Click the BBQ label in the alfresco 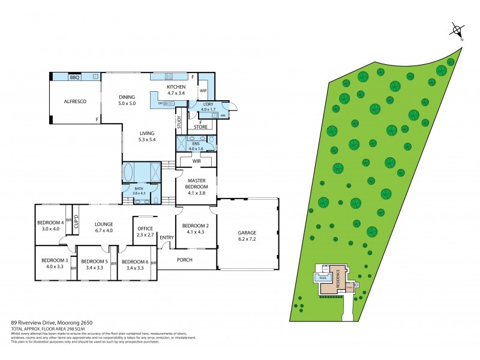click(75, 77)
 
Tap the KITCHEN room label click(176, 87)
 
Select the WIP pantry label click(203, 91)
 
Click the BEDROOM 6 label click(134, 262)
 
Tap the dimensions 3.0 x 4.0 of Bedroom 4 click(50, 229)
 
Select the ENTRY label click(166, 238)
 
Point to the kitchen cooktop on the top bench click(169, 76)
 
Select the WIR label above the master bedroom click(196, 161)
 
